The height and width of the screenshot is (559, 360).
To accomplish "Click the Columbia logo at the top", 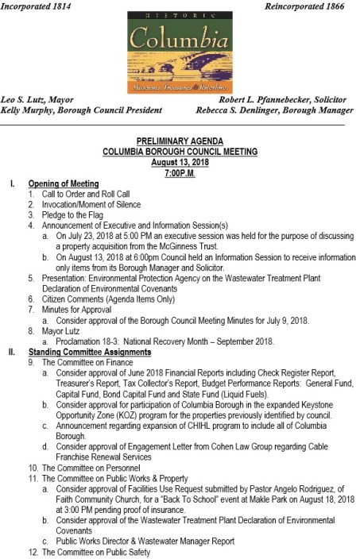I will click(180, 49).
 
